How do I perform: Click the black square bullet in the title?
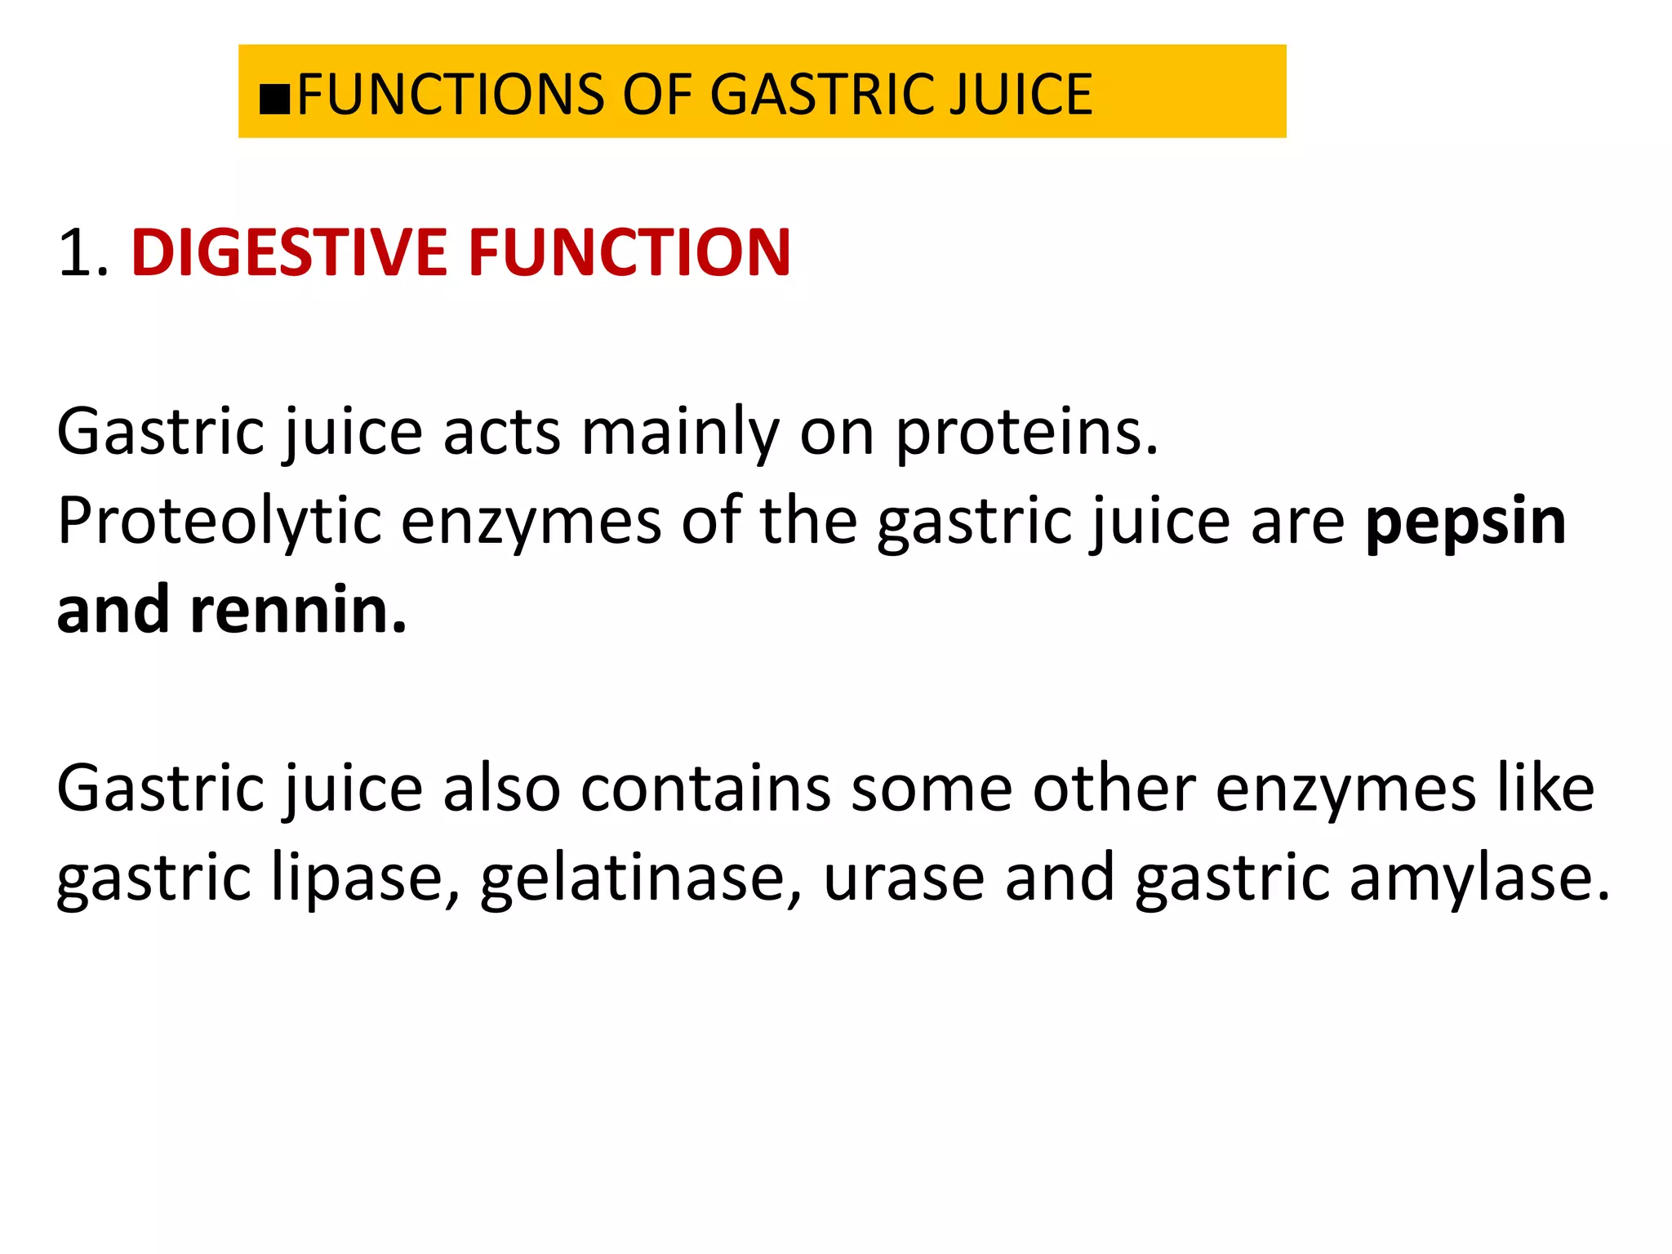[274, 98]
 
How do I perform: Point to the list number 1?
[82, 253]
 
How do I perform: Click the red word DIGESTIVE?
[288, 253]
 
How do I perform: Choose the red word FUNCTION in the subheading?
[629, 253]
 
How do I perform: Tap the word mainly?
[680, 433]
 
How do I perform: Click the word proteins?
[1026, 433]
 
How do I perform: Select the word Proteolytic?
[219, 522]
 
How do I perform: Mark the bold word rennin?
[298, 611]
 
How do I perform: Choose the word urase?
[904, 879]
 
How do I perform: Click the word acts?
[501, 433]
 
